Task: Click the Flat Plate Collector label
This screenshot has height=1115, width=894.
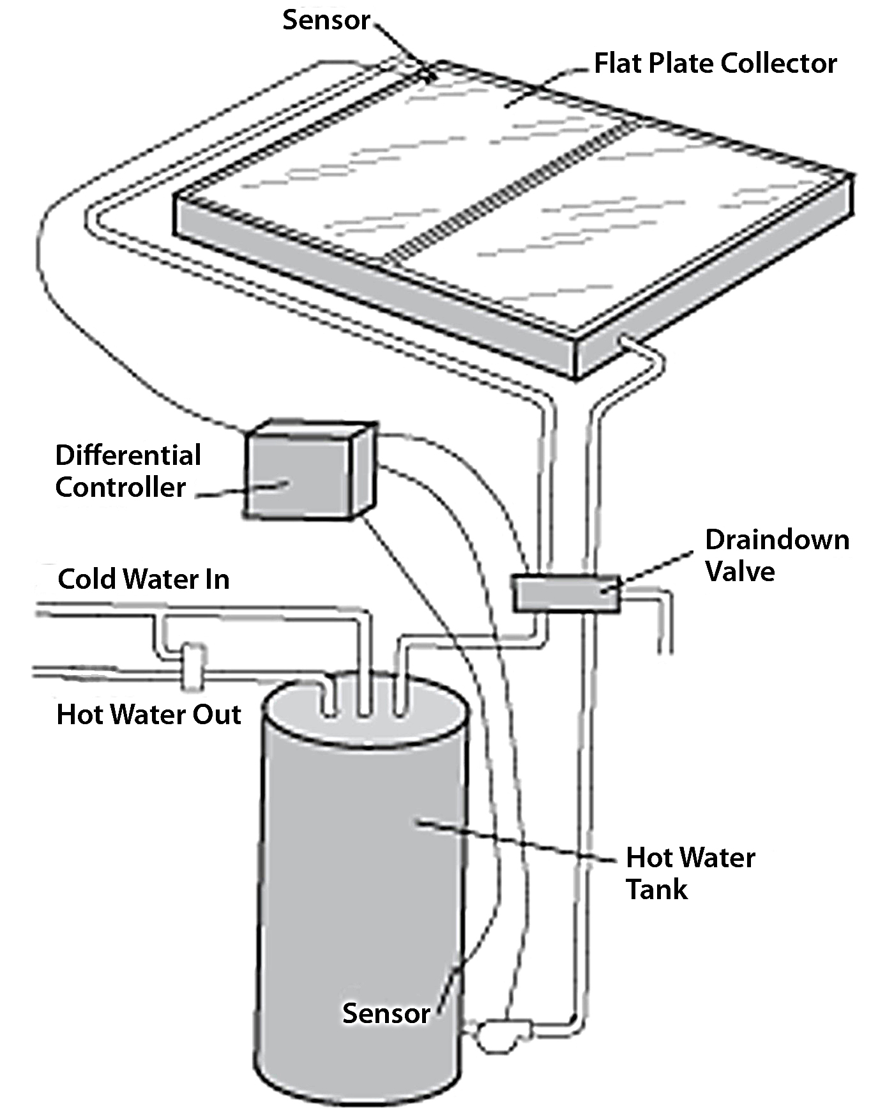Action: coord(715,63)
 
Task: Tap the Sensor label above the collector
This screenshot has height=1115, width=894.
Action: coord(326,20)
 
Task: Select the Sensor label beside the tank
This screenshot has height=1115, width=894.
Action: coord(386,1013)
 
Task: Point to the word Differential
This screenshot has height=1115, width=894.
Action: coord(128,455)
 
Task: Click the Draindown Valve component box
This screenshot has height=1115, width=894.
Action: coord(566,593)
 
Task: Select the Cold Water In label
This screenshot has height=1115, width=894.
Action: coord(144,579)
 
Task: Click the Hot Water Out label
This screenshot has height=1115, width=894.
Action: coord(149,715)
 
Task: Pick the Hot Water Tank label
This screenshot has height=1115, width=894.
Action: coord(690,872)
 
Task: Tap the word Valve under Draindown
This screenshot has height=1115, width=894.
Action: coord(740,571)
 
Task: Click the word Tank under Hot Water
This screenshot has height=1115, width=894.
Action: coord(657,889)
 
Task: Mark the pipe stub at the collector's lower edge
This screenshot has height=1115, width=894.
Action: coord(629,345)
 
